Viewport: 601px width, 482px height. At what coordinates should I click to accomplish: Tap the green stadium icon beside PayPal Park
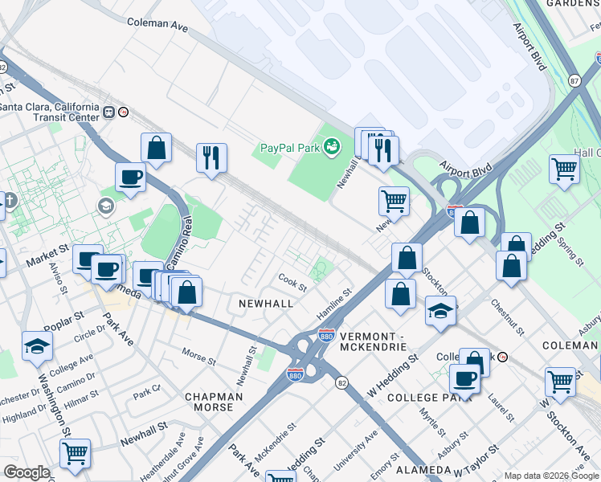pyautogui.click(x=331, y=146)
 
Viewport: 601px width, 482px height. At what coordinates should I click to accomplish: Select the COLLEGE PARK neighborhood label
pyautogui.click(x=423, y=398)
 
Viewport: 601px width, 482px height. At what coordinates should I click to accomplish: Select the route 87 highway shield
pyautogui.click(x=573, y=80)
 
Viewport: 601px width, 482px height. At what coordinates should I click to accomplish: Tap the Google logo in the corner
pyautogui.click(x=27, y=472)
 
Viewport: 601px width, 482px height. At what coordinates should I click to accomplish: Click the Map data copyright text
pyautogui.click(x=551, y=476)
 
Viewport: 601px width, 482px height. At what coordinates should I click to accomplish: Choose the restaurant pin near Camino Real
pyautogui.click(x=211, y=157)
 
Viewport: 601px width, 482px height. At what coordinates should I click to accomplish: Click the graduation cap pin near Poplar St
pyautogui.click(x=38, y=345)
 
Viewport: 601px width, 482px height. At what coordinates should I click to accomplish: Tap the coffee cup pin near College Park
pyautogui.click(x=464, y=377)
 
